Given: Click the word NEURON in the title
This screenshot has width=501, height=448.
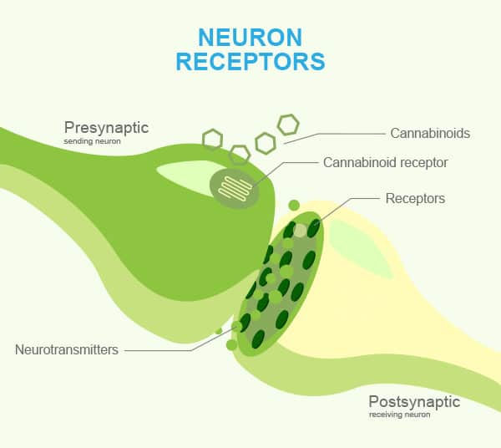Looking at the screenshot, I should pyautogui.click(x=250, y=37).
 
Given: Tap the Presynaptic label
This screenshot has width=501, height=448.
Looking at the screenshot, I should pyautogui.click(x=106, y=128).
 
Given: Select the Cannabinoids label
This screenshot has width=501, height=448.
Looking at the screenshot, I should pyautogui.click(x=430, y=133).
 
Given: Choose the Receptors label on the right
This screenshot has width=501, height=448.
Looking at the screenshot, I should pyautogui.click(x=415, y=199).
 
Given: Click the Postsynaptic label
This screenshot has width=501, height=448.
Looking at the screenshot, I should pyautogui.click(x=414, y=401).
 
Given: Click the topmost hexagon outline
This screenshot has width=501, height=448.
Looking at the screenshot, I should pyautogui.click(x=288, y=125).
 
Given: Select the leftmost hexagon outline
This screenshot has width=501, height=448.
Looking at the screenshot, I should pyautogui.click(x=213, y=138).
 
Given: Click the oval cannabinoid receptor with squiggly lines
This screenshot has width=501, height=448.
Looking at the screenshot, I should pyautogui.click(x=234, y=188).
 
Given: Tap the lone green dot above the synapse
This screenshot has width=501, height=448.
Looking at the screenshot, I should pyautogui.click(x=294, y=205).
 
